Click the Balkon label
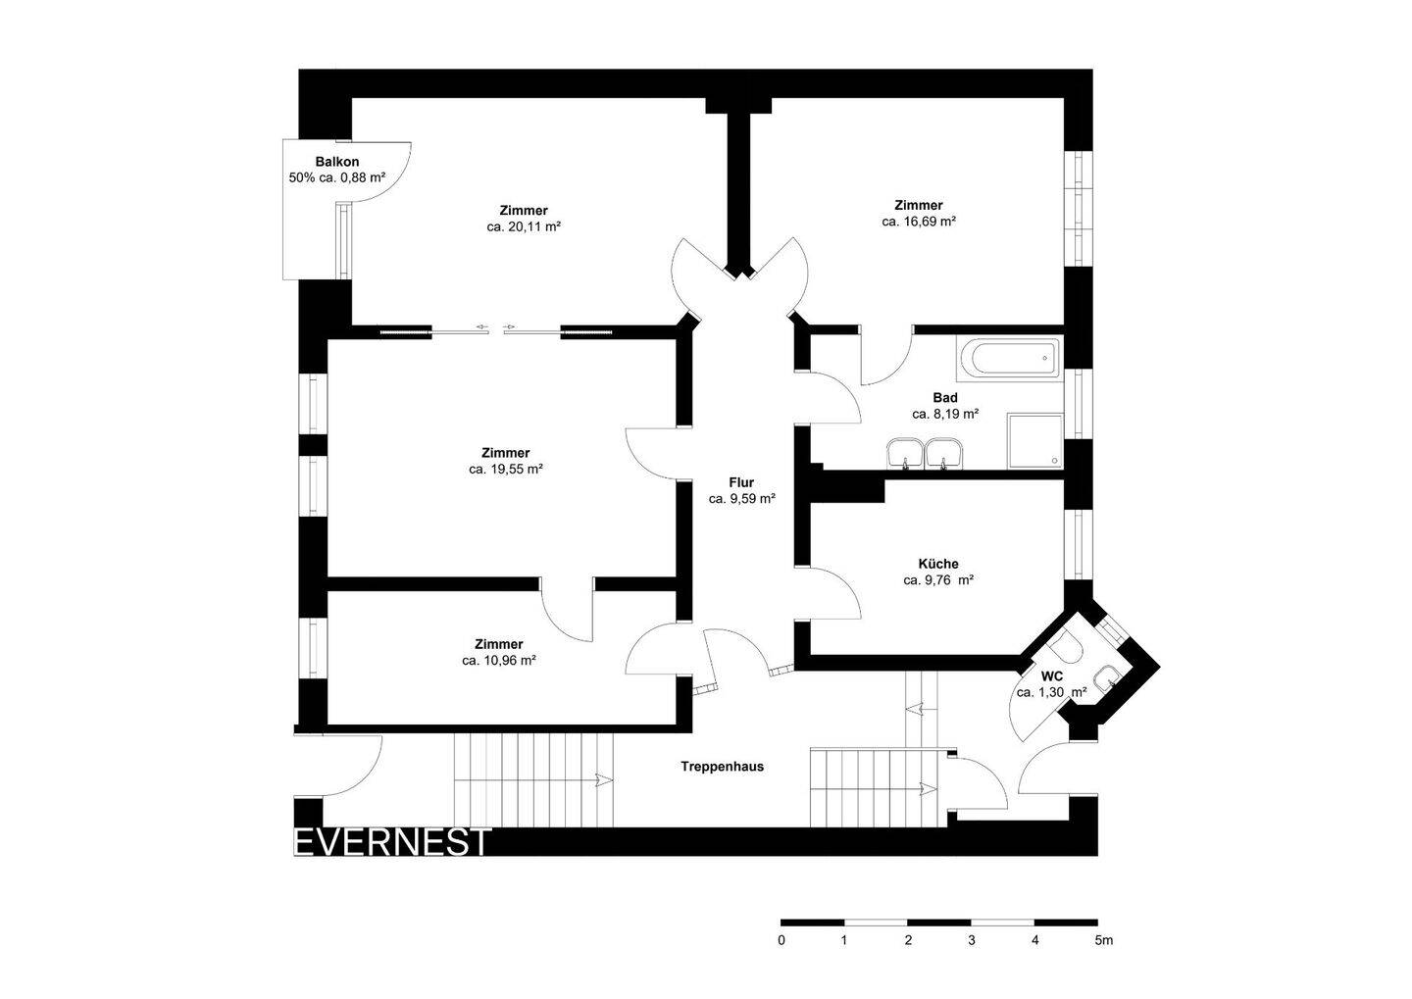(336, 162)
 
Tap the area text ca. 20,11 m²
(524, 226)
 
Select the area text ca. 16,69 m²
(919, 222)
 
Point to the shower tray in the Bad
(1035, 439)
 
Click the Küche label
(938, 564)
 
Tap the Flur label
(741, 482)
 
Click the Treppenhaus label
(723, 767)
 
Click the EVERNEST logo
(392, 842)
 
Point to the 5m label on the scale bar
(1103, 940)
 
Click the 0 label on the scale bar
(782, 940)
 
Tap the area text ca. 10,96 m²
(498, 661)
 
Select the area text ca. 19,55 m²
(506, 470)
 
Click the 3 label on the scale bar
(972, 940)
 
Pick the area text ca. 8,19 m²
(945, 414)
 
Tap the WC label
(1052, 676)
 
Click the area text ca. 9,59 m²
(742, 498)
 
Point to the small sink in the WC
(1107, 676)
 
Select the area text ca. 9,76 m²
(938, 580)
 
